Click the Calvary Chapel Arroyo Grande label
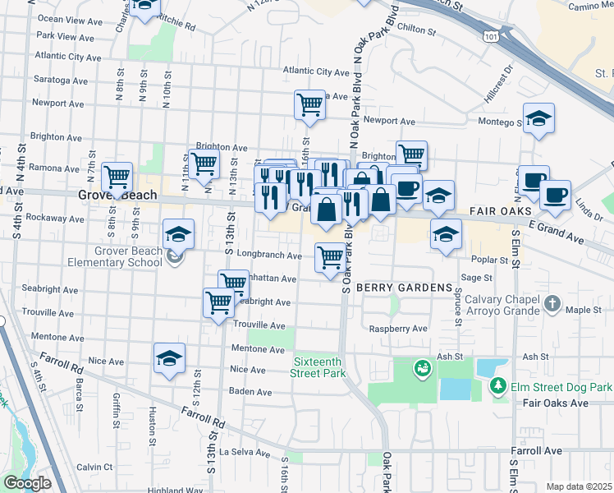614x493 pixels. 500,305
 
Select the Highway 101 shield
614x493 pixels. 491,37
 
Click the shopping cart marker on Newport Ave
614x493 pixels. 309,104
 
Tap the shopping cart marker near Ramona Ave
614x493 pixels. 117,176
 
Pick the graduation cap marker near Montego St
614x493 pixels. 538,118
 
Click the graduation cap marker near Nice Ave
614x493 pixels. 169,358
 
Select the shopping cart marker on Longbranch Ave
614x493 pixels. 330,257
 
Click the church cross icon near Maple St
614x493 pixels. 552,305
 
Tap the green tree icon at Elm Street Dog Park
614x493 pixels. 496,385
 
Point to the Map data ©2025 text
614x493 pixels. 579,486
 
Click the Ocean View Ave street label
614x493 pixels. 67,19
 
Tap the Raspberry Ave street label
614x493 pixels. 398,329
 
